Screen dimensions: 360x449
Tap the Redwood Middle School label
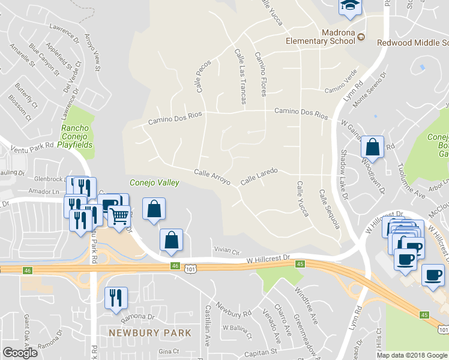[x=412, y=43]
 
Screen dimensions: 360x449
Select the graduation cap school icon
[x=348, y=6]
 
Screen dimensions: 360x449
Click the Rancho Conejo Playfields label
[x=76, y=136]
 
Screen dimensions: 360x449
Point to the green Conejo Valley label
[x=155, y=182]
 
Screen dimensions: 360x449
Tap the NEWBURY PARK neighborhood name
[x=149, y=332]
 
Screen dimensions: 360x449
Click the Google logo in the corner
[x=20, y=353]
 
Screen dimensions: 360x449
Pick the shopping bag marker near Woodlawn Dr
[x=372, y=148]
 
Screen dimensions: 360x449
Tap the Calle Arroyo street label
[x=212, y=176]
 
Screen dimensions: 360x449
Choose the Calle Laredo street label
[x=259, y=176]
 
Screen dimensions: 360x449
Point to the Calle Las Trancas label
[x=240, y=77]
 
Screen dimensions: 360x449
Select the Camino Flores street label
[x=261, y=74]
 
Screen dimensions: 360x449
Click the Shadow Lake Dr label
[x=344, y=175]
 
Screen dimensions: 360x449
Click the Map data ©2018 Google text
[x=411, y=355]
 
